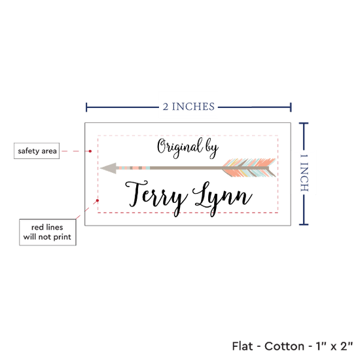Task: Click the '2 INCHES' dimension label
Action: [189, 107]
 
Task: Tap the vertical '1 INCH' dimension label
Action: [304, 173]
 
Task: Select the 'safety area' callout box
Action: [37, 151]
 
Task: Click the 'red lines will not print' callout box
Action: [48, 232]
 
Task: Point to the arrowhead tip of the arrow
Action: [101, 168]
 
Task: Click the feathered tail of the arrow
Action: [249, 168]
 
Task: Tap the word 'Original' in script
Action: [179, 147]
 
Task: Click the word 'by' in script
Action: [211, 149]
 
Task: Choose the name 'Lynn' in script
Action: [223, 198]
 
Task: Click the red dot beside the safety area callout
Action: [90, 151]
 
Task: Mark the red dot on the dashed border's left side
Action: [98, 200]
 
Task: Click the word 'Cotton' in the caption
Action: [285, 346]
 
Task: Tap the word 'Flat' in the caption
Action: [242, 346]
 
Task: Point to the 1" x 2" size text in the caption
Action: [334, 346]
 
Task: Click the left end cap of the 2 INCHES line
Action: [86, 107]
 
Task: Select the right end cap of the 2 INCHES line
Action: [291, 107]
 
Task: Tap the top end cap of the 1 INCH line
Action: [304, 124]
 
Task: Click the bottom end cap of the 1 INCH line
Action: [304, 224]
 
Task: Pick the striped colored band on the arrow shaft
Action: [134, 168]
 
